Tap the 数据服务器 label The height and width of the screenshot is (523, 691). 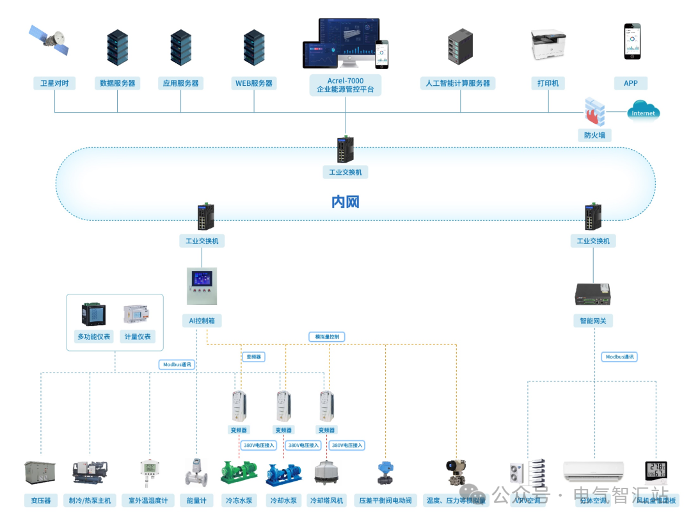tap(118, 83)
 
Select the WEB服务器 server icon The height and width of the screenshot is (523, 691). tap(254, 47)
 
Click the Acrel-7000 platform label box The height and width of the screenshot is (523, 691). tap(345, 85)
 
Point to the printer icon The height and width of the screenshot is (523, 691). tap(548, 45)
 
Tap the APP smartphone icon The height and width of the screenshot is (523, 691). tap(631, 42)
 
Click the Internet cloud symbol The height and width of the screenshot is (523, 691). tap(643, 111)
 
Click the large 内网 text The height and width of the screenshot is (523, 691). tap(345, 202)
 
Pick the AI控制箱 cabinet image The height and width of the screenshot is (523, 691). tap(201, 286)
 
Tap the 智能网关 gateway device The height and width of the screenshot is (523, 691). tap(593, 293)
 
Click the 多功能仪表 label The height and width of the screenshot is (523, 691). tap(93, 337)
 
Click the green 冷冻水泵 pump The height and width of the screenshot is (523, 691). tap(239, 472)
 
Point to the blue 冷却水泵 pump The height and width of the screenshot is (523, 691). tap(283, 474)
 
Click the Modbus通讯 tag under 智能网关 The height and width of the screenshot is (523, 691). tap(621, 357)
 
